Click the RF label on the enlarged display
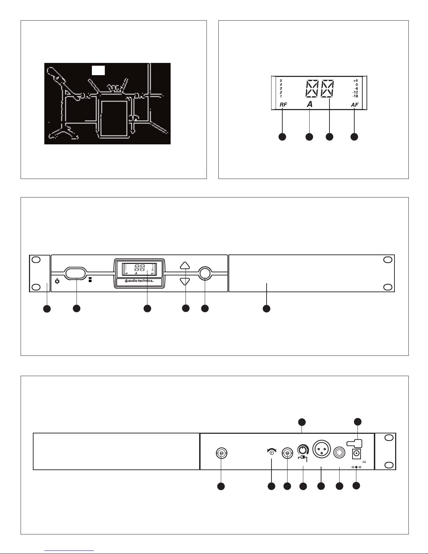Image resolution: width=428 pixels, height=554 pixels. (x=283, y=105)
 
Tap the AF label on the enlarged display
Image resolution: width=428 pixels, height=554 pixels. (x=355, y=105)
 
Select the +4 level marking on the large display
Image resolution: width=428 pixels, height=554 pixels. (x=355, y=80)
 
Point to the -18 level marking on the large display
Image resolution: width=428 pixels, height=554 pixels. (x=355, y=96)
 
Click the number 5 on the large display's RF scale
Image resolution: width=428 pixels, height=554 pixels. (x=281, y=80)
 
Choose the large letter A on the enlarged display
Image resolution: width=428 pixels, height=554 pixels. (x=310, y=104)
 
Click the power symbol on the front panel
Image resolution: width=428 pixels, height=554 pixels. (x=57, y=280)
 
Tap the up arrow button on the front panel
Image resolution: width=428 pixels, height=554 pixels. (x=185, y=265)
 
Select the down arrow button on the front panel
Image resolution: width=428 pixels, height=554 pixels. (x=185, y=281)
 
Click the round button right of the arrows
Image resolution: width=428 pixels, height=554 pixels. (x=205, y=273)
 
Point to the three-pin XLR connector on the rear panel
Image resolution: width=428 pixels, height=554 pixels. (x=320, y=449)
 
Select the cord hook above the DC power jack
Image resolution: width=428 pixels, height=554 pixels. (x=354, y=443)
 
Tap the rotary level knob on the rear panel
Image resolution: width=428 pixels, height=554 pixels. (x=302, y=449)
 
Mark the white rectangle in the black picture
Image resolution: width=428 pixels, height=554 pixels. (x=98, y=70)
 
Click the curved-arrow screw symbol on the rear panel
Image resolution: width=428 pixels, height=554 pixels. (x=271, y=452)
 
